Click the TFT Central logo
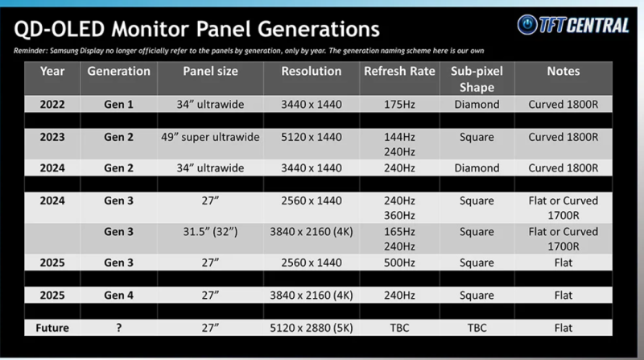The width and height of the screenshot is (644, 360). (x=573, y=25)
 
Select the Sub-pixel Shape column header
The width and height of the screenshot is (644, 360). (x=477, y=79)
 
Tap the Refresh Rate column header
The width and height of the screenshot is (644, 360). (x=399, y=71)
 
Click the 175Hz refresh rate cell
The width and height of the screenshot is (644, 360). (x=399, y=105)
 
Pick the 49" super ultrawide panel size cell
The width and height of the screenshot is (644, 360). (x=210, y=137)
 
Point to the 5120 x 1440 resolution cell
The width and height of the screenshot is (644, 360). (x=312, y=137)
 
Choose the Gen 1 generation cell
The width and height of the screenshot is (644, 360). (x=118, y=105)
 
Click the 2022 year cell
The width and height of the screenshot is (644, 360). (x=52, y=105)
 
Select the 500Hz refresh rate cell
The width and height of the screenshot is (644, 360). (x=399, y=263)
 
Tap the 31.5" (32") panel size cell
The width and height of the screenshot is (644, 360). (x=210, y=232)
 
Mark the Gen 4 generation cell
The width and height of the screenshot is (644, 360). (x=118, y=295)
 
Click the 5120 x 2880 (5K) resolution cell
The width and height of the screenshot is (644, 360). (x=312, y=328)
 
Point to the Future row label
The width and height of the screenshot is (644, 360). (x=52, y=328)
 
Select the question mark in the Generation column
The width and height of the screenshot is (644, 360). (x=118, y=328)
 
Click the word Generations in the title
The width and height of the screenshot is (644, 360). (x=318, y=29)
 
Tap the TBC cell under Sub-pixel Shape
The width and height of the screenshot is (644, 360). (x=477, y=328)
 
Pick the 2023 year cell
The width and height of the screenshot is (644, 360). (x=52, y=137)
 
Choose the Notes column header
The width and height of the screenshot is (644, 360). (x=563, y=71)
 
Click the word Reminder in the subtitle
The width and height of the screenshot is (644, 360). (x=30, y=51)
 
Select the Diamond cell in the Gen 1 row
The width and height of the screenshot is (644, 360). (x=477, y=105)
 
